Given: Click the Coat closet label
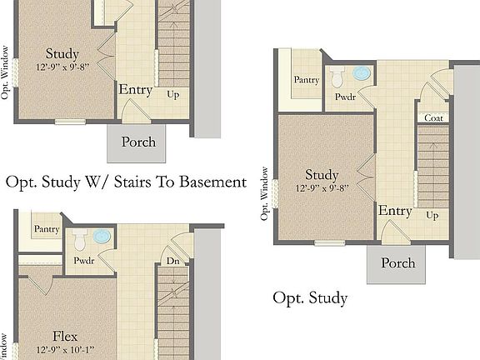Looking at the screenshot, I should [433, 117].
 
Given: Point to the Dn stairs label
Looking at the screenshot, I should [173, 260].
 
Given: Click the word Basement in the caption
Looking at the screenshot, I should [210, 182].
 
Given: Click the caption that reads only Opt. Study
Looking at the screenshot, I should [310, 297].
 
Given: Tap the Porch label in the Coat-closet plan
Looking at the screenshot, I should [397, 263].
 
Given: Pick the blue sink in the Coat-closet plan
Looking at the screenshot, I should [362, 73].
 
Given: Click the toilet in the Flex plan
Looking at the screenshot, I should [80, 241].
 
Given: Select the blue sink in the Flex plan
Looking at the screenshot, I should [102, 237].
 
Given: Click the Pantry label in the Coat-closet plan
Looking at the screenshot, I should [305, 79].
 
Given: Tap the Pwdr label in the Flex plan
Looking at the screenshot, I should [83, 260].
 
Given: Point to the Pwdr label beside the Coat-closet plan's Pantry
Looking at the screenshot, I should [345, 97].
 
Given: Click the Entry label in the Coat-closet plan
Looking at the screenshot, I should [395, 211].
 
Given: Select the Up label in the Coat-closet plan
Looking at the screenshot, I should [432, 215].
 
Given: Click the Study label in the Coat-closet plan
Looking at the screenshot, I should [321, 175].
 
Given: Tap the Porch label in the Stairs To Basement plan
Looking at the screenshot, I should [138, 142].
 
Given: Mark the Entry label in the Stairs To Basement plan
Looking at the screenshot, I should [135, 89].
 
